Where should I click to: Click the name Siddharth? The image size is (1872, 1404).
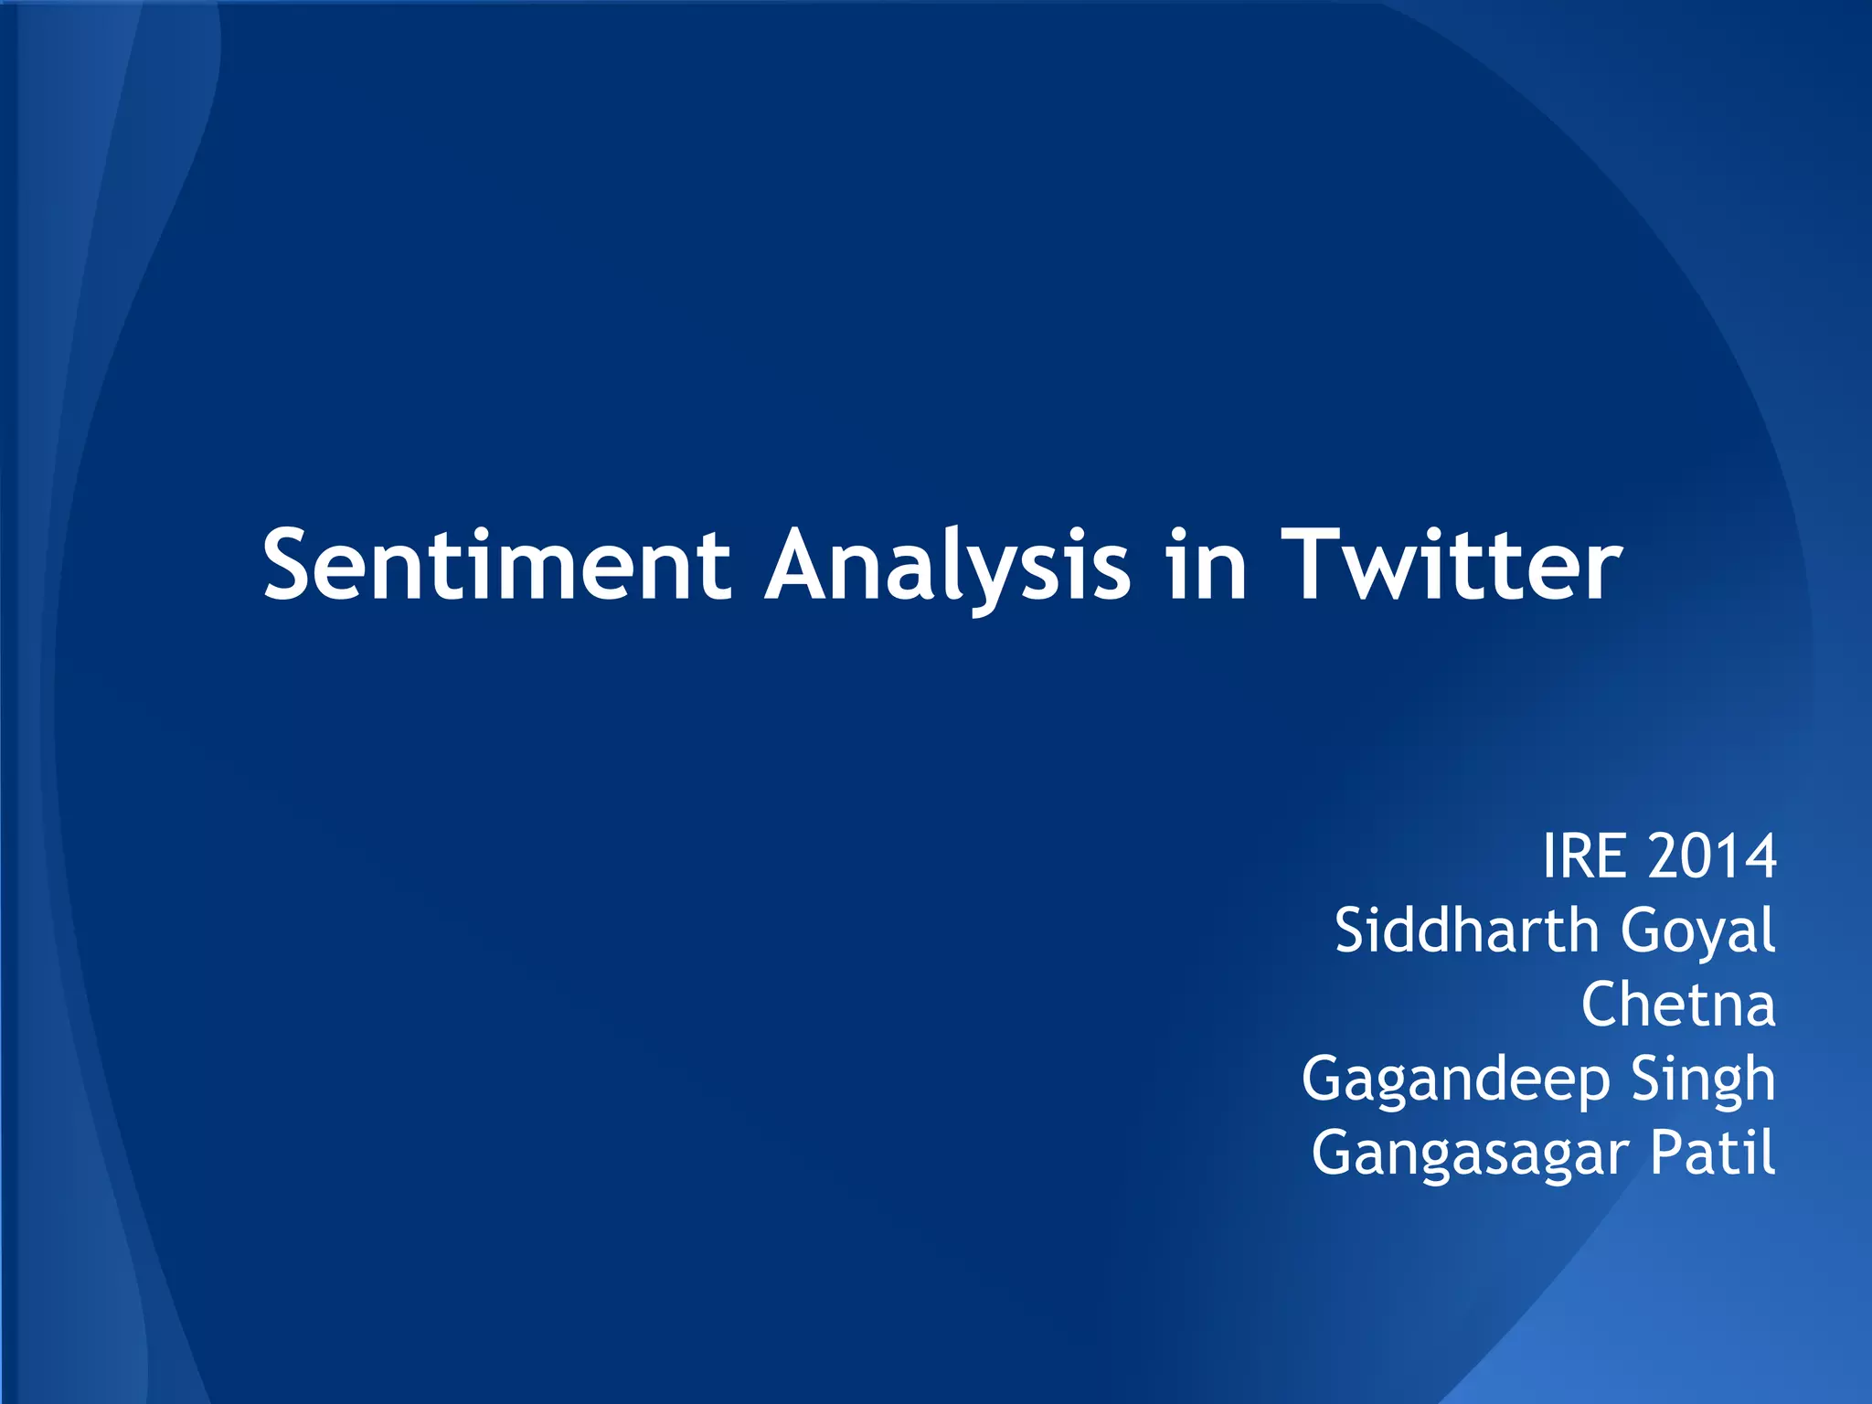[x=1465, y=931]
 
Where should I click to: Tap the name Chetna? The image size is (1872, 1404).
[x=1678, y=1005]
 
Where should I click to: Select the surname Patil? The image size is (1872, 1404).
[x=1712, y=1153]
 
